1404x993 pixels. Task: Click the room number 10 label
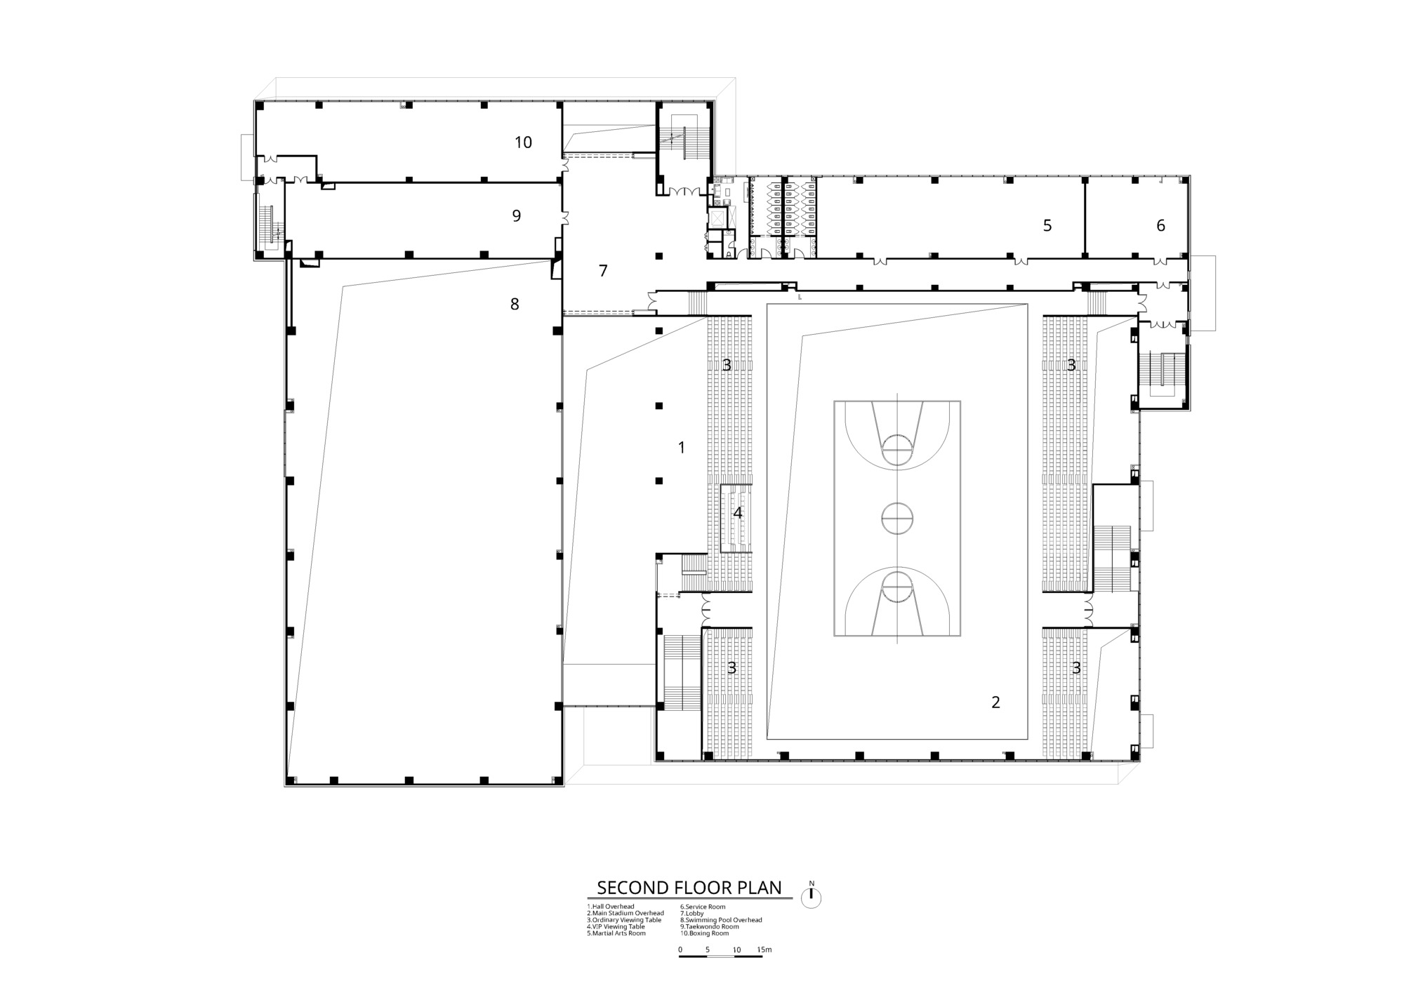coord(523,142)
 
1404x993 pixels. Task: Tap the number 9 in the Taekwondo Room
coord(517,215)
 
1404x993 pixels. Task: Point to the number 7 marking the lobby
coord(603,270)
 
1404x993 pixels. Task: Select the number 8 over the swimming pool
coord(515,304)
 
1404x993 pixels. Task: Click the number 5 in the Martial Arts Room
coord(1047,225)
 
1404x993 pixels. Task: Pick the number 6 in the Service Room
coord(1160,225)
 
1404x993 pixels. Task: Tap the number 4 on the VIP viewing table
coord(737,513)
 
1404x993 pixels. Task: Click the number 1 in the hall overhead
coord(681,447)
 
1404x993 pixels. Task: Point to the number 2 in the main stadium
coord(995,702)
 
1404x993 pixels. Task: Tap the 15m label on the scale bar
coord(764,949)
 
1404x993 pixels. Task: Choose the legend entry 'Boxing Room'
coord(704,933)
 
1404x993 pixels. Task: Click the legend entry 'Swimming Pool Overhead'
coord(721,920)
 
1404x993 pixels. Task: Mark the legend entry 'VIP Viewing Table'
coord(616,926)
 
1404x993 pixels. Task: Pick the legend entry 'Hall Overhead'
coord(611,907)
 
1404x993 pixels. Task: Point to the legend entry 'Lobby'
coord(691,913)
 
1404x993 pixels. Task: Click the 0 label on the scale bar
coord(680,949)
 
